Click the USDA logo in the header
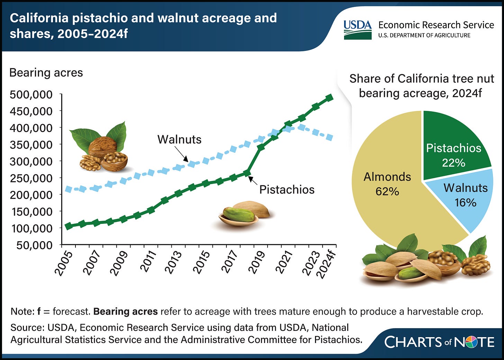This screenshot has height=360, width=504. [357, 29]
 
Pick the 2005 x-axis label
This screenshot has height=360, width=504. [64, 264]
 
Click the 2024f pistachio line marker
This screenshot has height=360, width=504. [329, 98]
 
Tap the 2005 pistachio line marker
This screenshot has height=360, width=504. [69, 226]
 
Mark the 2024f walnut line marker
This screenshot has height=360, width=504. [329, 138]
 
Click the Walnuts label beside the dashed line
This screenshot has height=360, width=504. [179, 139]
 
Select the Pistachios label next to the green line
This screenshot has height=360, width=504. [287, 190]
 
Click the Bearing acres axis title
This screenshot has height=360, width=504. [46, 73]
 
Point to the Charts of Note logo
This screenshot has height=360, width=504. [439, 342]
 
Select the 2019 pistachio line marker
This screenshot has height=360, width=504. [261, 147]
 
